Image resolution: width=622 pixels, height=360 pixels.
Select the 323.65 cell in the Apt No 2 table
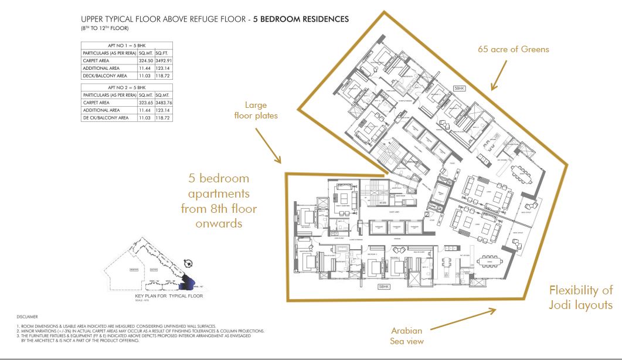tap(145, 102)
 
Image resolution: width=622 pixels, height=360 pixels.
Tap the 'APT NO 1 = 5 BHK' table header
tap(126, 45)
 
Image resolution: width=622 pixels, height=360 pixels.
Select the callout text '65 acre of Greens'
tap(513, 50)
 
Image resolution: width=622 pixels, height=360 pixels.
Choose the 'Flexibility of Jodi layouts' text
tap(580, 297)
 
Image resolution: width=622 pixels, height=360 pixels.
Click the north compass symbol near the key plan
tap(188, 263)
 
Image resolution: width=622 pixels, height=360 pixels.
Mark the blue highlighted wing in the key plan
tap(188, 280)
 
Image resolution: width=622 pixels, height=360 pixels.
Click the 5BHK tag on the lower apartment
tap(384, 287)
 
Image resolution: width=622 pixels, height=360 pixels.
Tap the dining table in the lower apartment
tap(489, 260)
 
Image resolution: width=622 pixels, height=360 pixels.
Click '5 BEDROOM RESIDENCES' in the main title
tap(301, 19)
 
